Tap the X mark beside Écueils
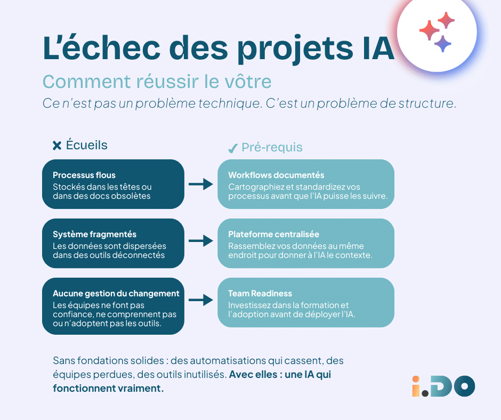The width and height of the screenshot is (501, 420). click(57, 145)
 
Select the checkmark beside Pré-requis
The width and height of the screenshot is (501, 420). click(232, 148)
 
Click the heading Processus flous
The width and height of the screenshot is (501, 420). click(84, 175)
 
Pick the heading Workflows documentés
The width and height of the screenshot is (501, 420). click(276, 175)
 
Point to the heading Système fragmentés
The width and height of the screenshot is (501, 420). click(94, 234)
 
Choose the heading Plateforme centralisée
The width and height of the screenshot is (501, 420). click(274, 234)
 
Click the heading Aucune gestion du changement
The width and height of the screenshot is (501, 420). click(116, 293)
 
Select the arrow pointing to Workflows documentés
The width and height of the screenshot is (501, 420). click(200, 184)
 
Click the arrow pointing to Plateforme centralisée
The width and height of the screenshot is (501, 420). click(200, 241)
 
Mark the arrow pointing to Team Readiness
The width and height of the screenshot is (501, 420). click(200, 300)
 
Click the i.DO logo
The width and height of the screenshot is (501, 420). click(443, 386)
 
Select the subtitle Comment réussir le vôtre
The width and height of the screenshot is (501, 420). click(157, 82)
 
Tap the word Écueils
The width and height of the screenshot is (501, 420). click(86, 145)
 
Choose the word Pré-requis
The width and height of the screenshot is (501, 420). click(272, 148)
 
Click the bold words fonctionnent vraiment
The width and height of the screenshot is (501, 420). click(108, 388)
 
